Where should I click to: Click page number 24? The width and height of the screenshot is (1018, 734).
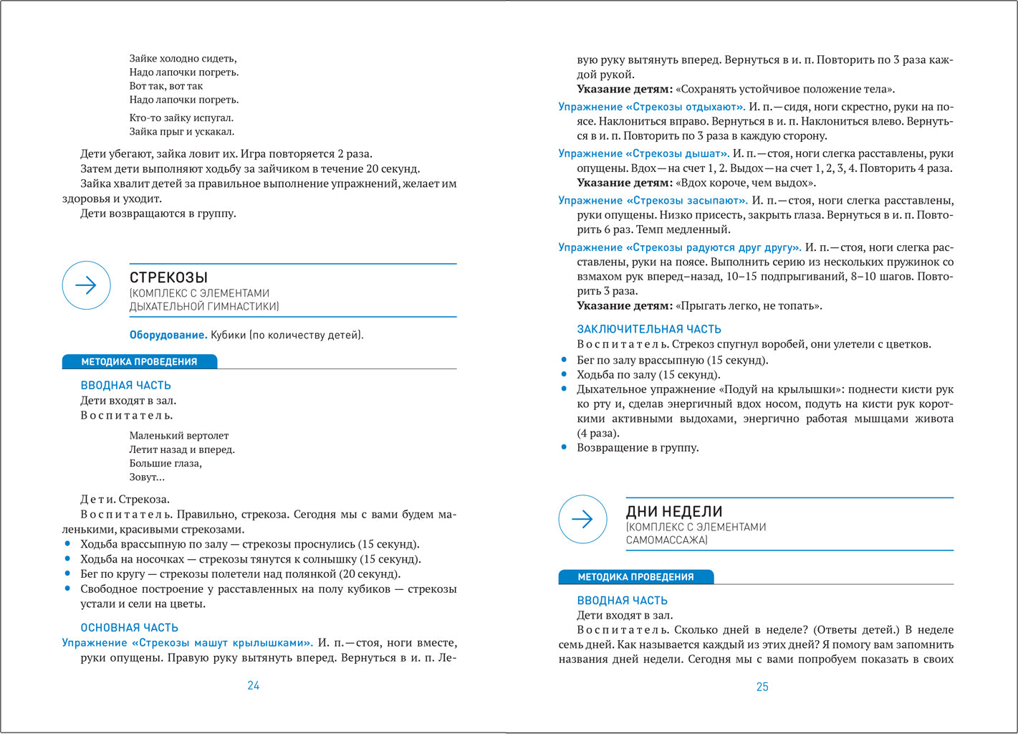253,686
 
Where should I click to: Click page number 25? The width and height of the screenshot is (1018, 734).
762,687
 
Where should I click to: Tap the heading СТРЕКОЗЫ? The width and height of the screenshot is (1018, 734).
168,277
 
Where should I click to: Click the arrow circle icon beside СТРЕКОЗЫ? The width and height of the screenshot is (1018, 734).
87,285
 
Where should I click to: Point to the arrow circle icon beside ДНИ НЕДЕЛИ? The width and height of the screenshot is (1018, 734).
582,519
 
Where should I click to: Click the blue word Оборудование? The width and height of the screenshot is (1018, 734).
168,335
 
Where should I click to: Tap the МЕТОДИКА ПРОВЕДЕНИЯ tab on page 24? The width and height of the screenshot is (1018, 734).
139,362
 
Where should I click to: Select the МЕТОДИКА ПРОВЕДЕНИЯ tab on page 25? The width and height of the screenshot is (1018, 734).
635,577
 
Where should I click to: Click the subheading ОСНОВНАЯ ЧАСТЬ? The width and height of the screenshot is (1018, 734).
129,627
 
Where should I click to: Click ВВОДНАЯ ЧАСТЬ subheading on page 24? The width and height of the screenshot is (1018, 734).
125,386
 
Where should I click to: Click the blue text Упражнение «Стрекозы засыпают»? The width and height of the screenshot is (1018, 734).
653,201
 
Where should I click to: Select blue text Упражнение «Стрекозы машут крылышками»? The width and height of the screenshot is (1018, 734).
187,643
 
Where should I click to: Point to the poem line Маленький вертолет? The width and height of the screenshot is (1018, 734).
179,435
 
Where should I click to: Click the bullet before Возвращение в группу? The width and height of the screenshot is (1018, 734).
564,447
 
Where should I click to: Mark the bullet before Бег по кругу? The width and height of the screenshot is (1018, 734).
67,573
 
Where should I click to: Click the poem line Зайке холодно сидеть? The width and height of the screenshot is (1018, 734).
183,59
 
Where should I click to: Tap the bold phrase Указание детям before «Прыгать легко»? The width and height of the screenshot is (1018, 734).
625,306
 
